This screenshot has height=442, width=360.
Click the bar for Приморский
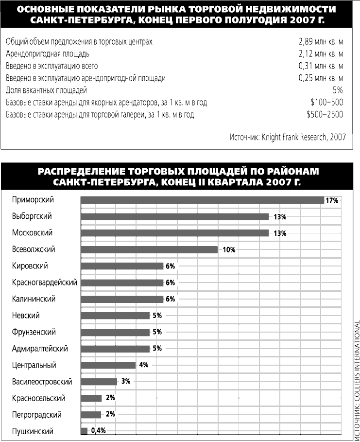click(202, 200)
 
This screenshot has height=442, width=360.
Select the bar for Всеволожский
click(149, 249)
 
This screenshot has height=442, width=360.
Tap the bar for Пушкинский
click(84, 431)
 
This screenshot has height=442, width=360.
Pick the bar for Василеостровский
click(99, 382)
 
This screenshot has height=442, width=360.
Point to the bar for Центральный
click(108, 365)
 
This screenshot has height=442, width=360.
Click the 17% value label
click(332, 200)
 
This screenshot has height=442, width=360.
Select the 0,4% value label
click(98, 431)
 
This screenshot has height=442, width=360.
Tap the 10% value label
click(229, 250)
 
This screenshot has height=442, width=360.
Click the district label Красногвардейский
click(45, 283)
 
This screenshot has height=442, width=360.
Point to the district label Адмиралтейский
click(40, 349)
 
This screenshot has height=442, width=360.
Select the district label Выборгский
click(32, 216)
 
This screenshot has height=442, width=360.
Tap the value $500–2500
click(325, 115)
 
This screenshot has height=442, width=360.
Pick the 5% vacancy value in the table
click(338, 90)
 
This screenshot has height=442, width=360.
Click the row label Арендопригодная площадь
click(48, 54)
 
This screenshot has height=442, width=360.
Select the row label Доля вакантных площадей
click(47, 90)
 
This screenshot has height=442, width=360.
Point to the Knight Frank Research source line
click(288, 137)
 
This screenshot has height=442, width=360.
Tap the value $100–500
click(326, 103)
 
